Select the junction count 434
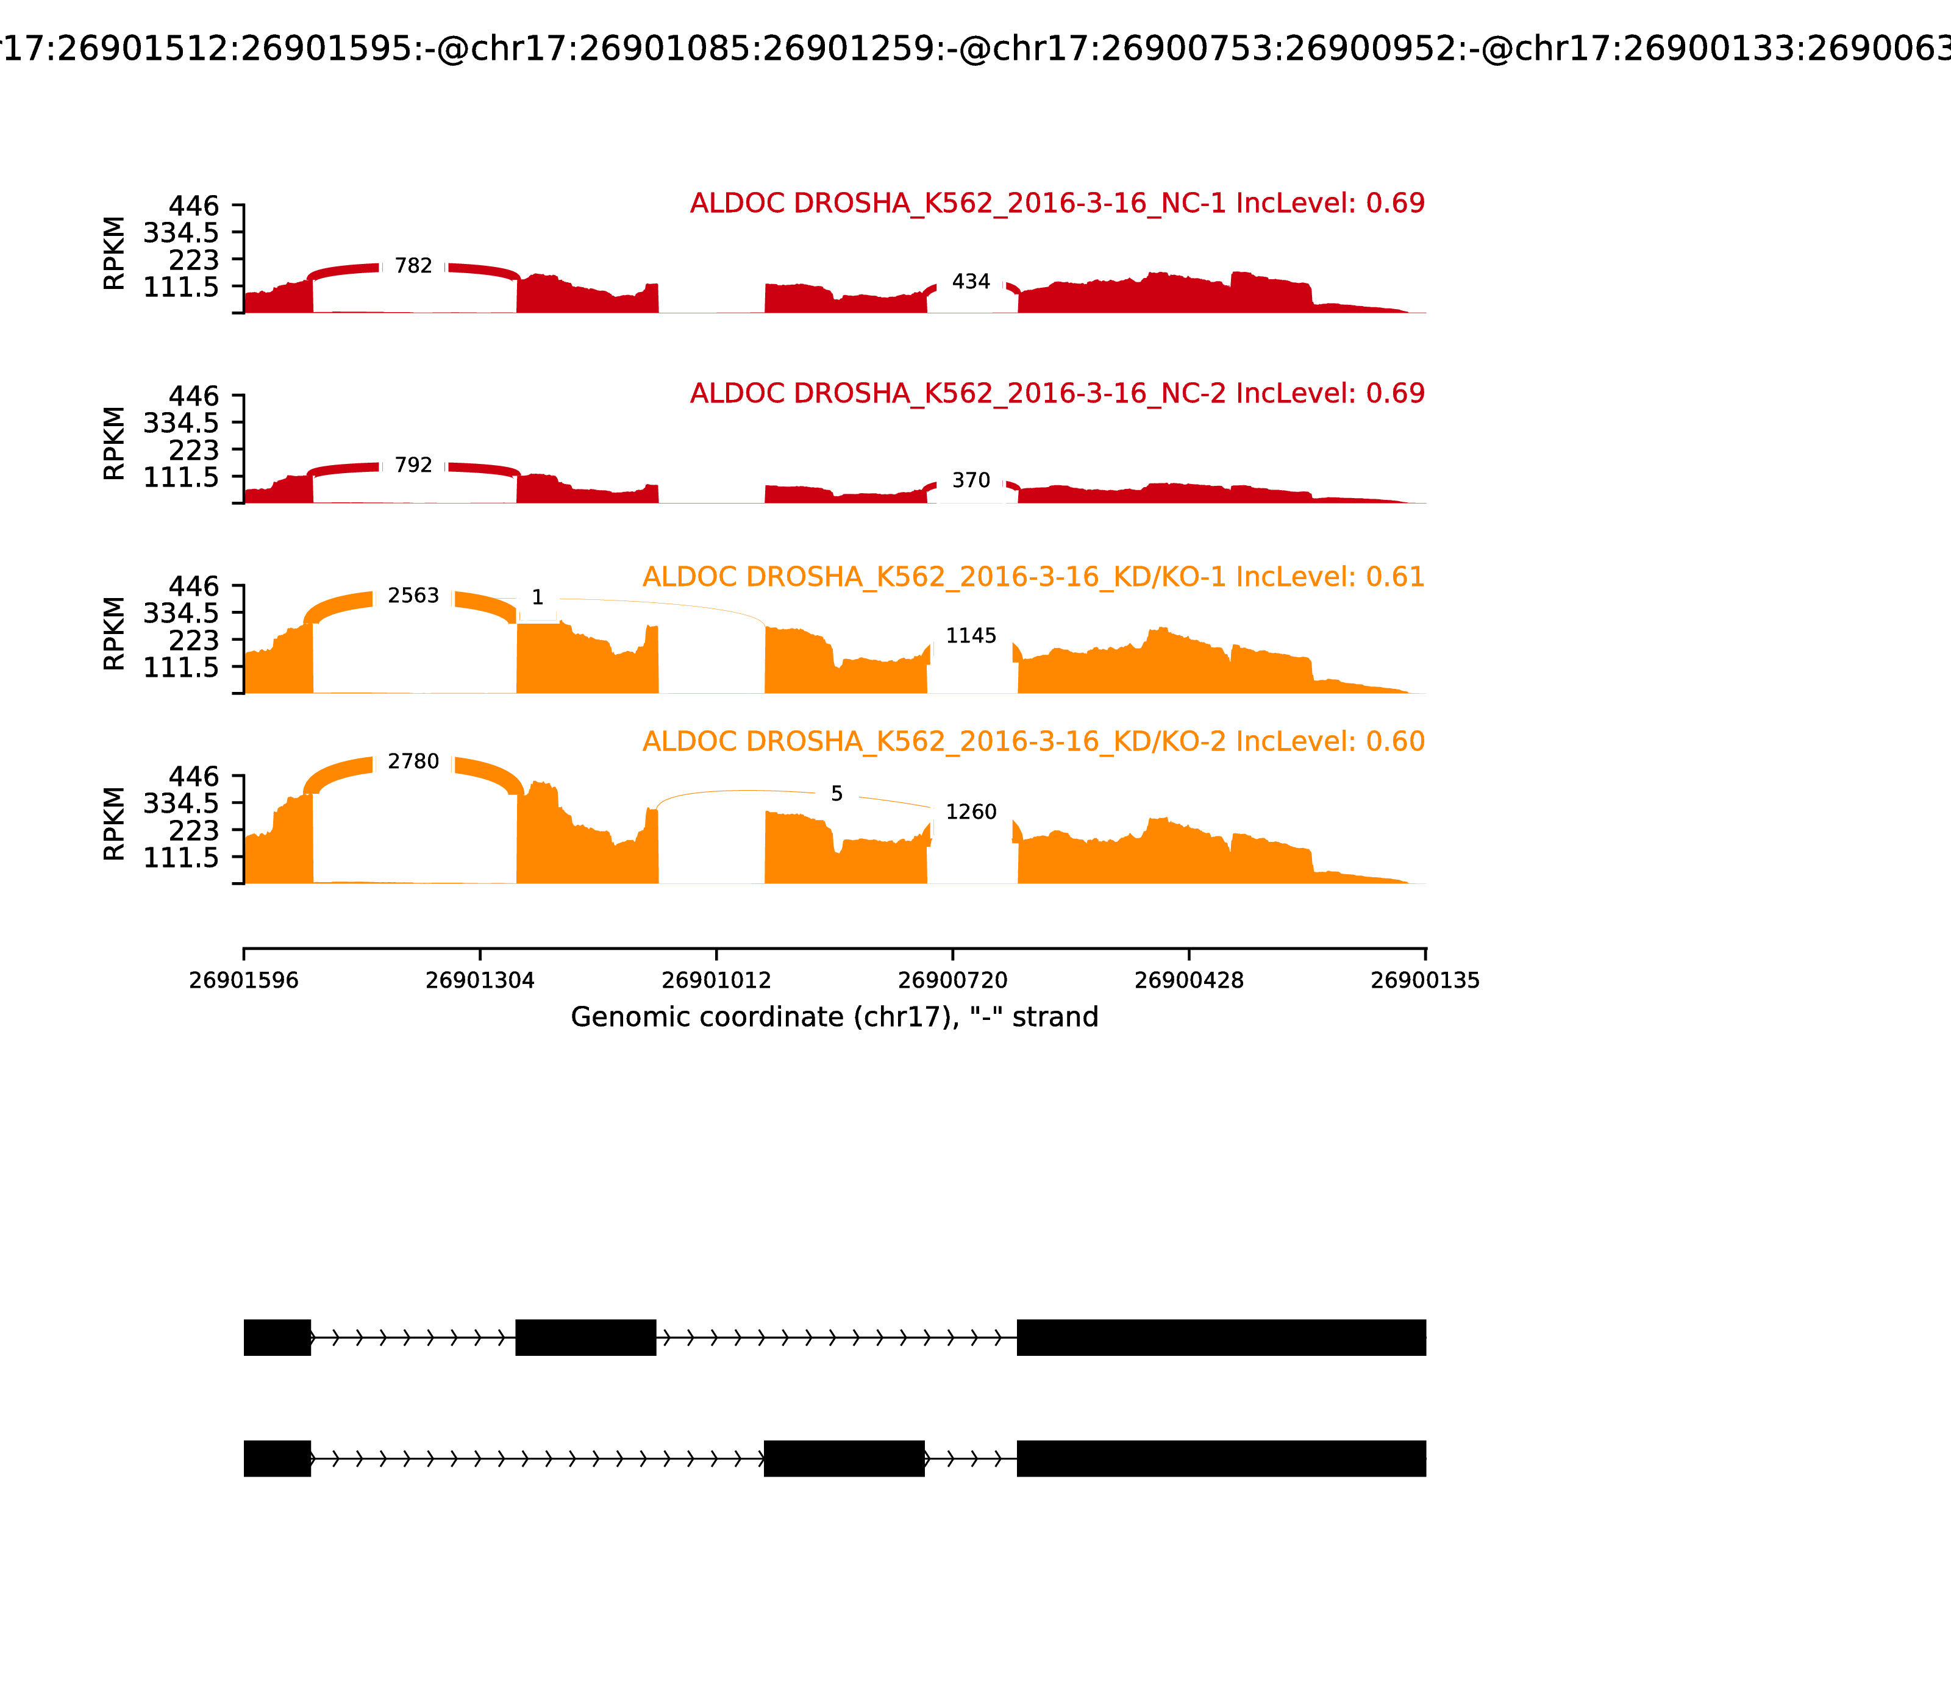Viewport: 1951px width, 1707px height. (x=971, y=282)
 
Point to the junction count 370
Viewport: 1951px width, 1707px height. (x=971, y=481)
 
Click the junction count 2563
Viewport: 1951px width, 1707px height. (x=413, y=596)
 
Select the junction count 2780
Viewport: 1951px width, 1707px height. (x=413, y=762)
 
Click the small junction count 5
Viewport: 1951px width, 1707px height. (x=836, y=794)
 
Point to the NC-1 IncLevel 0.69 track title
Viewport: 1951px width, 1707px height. (x=1057, y=204)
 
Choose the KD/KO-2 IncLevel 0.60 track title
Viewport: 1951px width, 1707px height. (x=1033, y=741)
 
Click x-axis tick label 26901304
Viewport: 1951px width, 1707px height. (x=480, y=980)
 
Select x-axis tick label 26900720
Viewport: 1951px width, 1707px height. (x=952, y=980)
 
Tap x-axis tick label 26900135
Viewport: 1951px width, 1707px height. (x=1424, y=980)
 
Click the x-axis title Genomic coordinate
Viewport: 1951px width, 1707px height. (x=835, y=1017)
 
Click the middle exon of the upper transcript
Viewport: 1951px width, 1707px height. (x=586, y=1338)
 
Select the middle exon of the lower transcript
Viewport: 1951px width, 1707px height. (x=844, y=1458)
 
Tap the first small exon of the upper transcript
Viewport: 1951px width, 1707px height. (x=277, y=1338)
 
